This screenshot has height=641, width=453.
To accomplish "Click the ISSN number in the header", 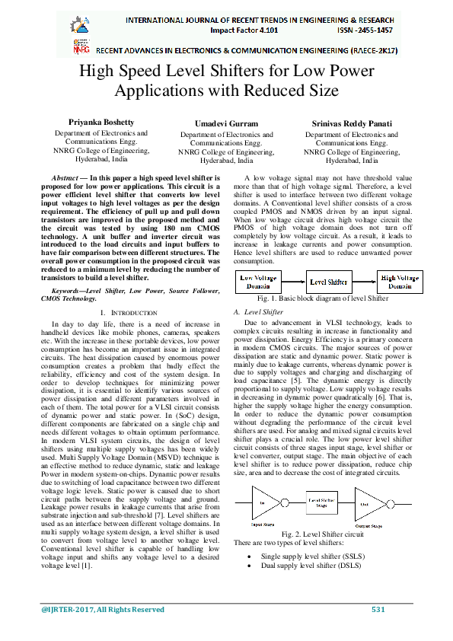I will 365,30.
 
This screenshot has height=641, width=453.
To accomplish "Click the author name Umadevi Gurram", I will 226,123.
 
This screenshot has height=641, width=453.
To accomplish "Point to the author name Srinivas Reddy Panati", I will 352,122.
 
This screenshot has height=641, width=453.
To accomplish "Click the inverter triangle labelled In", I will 266,503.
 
